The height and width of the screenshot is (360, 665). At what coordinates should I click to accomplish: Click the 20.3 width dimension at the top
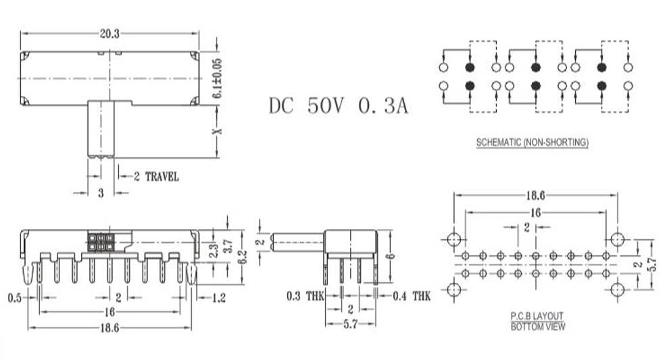(109, 34)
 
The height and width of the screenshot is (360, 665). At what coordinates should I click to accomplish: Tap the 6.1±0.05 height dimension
(217, 78)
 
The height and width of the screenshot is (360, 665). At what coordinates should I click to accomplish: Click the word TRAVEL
(162, 176)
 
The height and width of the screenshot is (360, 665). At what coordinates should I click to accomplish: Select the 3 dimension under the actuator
(101, 193)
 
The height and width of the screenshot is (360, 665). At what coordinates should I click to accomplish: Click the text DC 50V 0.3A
(339, 106)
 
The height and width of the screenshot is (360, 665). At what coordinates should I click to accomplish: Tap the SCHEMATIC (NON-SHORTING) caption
(533, 143)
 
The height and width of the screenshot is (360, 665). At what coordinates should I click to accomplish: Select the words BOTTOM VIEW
(538, 326)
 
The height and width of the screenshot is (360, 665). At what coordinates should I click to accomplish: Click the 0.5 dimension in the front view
(14, 298)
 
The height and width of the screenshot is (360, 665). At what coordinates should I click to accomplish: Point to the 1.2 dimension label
(219, 298)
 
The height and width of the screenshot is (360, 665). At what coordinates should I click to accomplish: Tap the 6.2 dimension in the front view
(242, 257)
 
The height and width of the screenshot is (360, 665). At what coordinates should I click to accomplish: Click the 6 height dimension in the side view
(391, 256)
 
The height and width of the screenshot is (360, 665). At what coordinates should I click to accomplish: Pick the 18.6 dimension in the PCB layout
(535, 195)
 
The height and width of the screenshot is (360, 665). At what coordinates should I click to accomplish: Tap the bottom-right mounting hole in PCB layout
(617, 290)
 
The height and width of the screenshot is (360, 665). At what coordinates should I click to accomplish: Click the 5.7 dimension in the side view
(350, 324)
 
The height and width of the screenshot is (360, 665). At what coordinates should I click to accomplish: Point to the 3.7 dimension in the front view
(228, 246)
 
